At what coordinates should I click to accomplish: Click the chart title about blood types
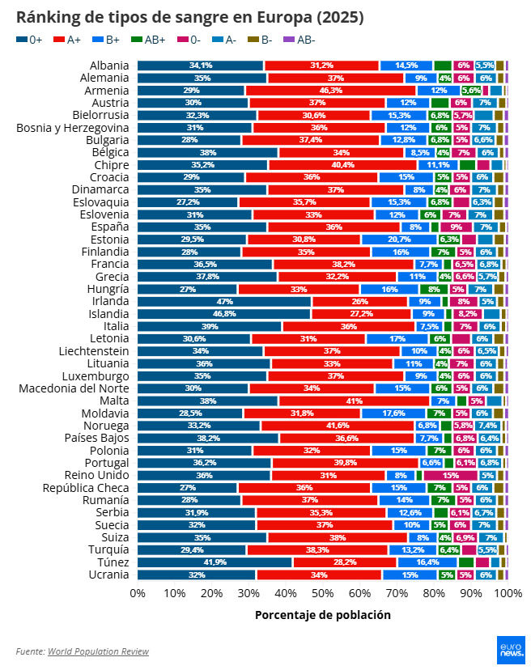coord(189,17)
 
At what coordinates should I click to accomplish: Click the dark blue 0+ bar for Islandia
coord(224,314)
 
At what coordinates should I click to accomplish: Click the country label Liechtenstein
coord(94,351)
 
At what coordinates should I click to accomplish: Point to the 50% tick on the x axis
coord(323,594)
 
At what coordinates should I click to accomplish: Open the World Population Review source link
coord(98,651)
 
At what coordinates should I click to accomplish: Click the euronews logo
coord(511,649)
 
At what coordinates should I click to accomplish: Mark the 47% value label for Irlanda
coord(225,301)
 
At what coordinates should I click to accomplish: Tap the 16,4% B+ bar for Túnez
coord(427,562)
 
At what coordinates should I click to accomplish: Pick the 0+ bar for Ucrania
coord(197,575)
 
